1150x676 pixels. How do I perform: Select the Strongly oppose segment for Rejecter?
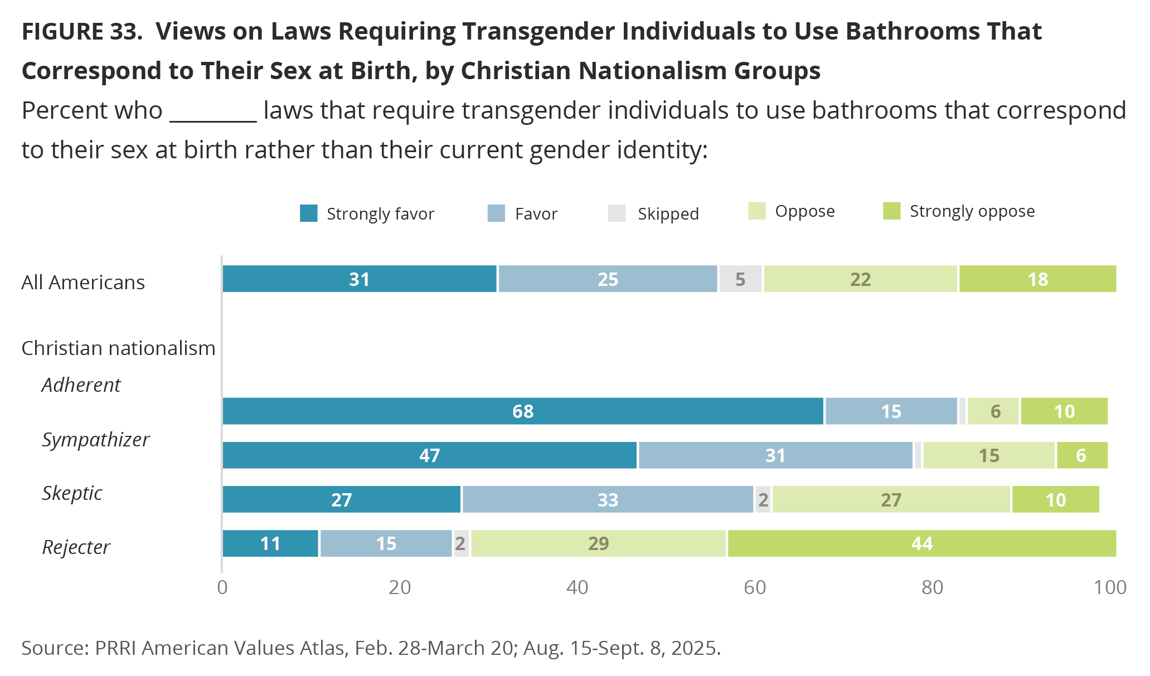click(x=921, y=543)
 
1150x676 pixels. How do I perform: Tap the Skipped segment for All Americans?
click(x=740, y=279)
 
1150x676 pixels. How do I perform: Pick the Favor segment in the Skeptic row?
click(x=608, y=499)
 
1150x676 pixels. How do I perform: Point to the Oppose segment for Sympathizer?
click(x=989, y=455)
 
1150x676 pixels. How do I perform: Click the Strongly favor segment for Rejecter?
click(x=270, y=543)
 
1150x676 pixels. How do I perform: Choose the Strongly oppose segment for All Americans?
click(x=1037, y=279)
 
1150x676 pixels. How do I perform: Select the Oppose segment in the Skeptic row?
click(x=891, y=499)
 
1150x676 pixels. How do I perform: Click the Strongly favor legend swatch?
click(x=309, y=213)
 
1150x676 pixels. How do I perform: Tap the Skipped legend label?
click(x=668, y=214)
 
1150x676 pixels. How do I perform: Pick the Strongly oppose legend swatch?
click(x=892, y=211)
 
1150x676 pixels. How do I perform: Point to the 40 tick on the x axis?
click(x=577, y=587)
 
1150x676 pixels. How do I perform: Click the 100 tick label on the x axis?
click(x=1110, y=587)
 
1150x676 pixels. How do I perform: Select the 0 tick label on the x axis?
click(x=222, y=587)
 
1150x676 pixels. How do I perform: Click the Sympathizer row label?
click(x=95, y=440)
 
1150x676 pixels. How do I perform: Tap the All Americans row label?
click(x=83, y=283)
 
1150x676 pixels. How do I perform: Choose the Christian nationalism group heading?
click(x=118, y=348)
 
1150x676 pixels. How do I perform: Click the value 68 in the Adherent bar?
click(x=523, y=411)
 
